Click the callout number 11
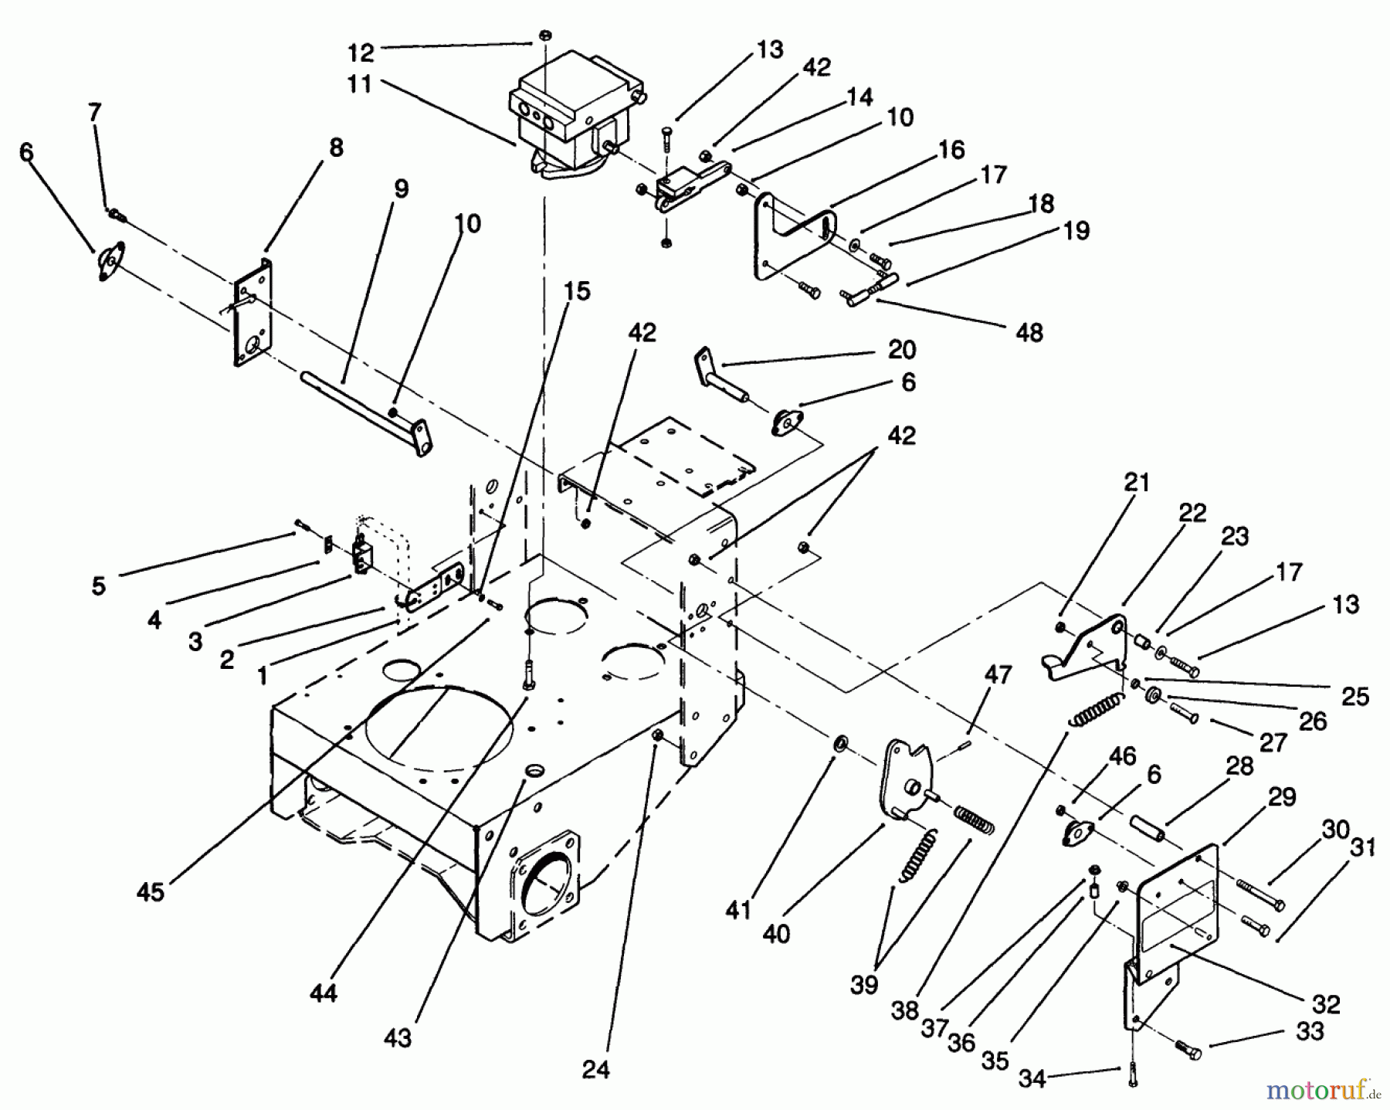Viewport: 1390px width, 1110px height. tap(360, 84)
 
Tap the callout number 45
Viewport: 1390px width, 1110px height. tap(151, 891)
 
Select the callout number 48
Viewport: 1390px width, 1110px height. tap(1029, 332)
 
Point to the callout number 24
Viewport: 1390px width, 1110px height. tap(595, 1069)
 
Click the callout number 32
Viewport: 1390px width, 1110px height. tap(1326, 1004)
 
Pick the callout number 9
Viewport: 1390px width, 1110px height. tap(401, 189)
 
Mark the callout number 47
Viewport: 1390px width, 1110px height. tap(998, 674)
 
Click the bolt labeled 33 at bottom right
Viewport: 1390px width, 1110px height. tap(1188, 1049)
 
